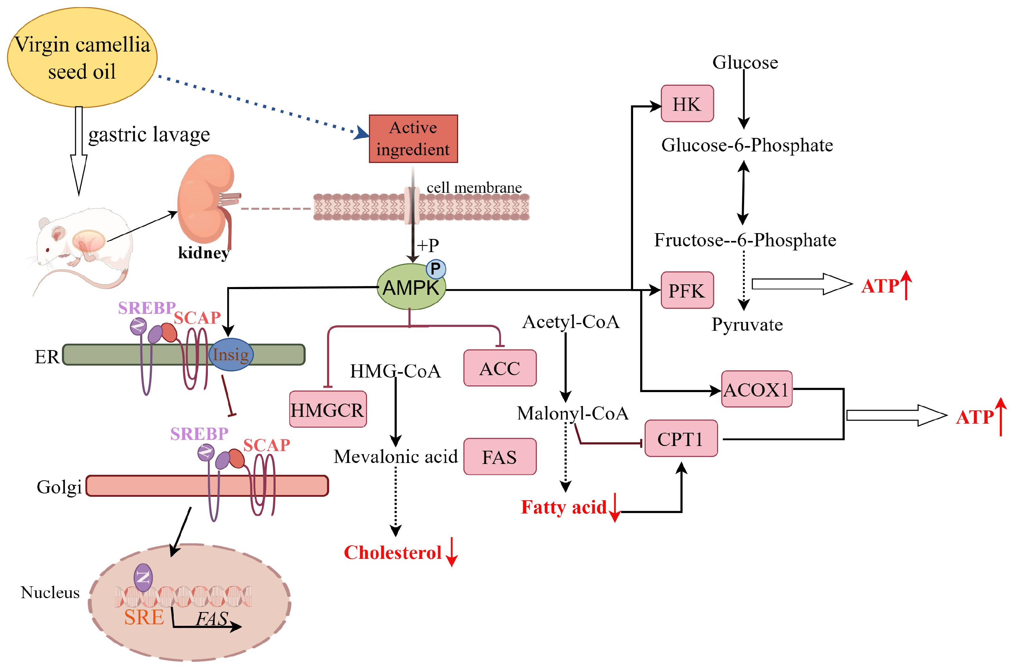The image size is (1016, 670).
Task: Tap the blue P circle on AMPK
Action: pos(436,269)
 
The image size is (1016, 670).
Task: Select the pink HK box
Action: pos(687,104)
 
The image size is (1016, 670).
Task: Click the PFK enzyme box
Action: pos(687,290)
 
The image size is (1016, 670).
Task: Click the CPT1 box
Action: pos(680,439)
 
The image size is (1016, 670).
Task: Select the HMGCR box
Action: pos(327,409)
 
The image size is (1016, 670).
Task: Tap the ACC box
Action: pos(499,368)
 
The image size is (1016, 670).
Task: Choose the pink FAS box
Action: pos(499,457)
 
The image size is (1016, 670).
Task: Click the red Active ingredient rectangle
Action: pos(413,139)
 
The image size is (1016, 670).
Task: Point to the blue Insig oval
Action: pos(231,354)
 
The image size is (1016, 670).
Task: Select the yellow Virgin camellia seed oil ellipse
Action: pos(82,58)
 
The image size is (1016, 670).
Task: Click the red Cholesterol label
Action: pos(393,552)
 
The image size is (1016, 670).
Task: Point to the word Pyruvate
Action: pos(747,325)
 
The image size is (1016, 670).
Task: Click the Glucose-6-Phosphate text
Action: pos(747,145)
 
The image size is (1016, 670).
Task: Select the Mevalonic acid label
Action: pos(395,457)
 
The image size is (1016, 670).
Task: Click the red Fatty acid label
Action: pos(563,508)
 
